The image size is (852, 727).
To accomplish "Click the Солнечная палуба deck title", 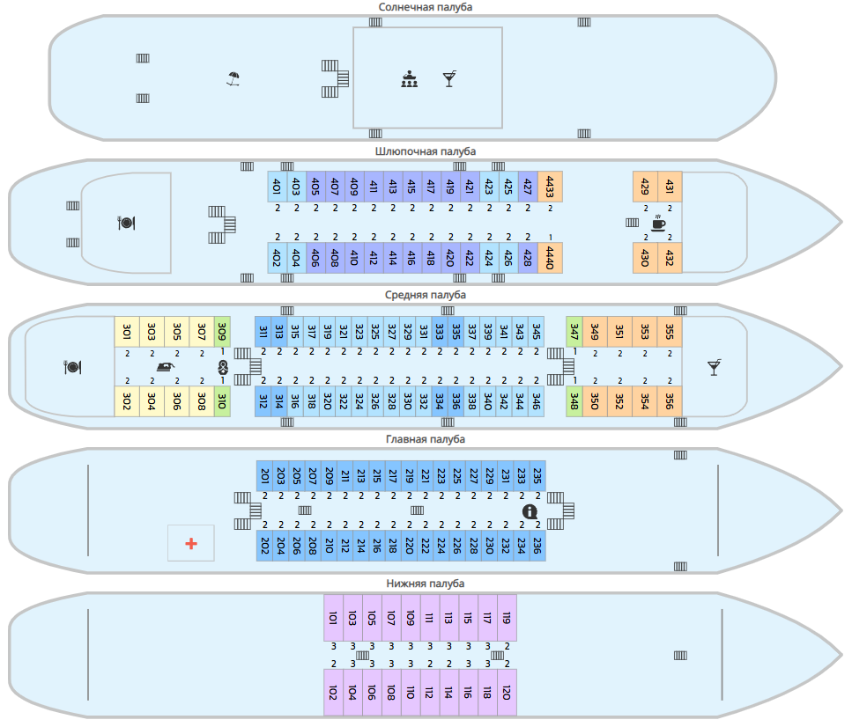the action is [x=425, y=7].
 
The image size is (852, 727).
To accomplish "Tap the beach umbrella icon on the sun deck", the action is [x=233, y=79].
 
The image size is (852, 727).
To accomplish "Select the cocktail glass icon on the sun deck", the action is [x=449, y=78].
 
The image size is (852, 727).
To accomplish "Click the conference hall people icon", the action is [x=409, y=78].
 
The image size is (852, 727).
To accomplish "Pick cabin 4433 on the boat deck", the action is [x=550, y=187].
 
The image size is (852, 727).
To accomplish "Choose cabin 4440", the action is [x=550, y=258].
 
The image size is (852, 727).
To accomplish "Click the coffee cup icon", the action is [x=658, y=223].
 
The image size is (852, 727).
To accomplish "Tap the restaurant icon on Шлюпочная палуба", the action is [x=126, y=223].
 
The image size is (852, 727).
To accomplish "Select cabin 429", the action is [x=645, y=187].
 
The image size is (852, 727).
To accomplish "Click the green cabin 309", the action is [x=222, y=332].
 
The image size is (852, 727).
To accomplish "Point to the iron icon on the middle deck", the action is [x=165, y=367].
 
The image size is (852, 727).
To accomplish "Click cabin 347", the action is [x=574, y=332].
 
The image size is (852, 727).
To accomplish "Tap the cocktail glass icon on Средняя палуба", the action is [x=714, y=367].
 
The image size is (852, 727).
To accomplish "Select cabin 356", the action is [x=670, y=401].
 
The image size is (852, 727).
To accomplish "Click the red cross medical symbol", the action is [x=191, y=543].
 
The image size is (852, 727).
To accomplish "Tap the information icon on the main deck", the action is [x=530, y=511].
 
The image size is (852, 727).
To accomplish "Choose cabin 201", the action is [x=264, y=476].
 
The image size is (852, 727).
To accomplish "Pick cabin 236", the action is [x=537, y=546].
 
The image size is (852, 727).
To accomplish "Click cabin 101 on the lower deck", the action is [x=333, y=618].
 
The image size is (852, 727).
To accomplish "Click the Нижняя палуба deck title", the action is [x=425, y=584].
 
